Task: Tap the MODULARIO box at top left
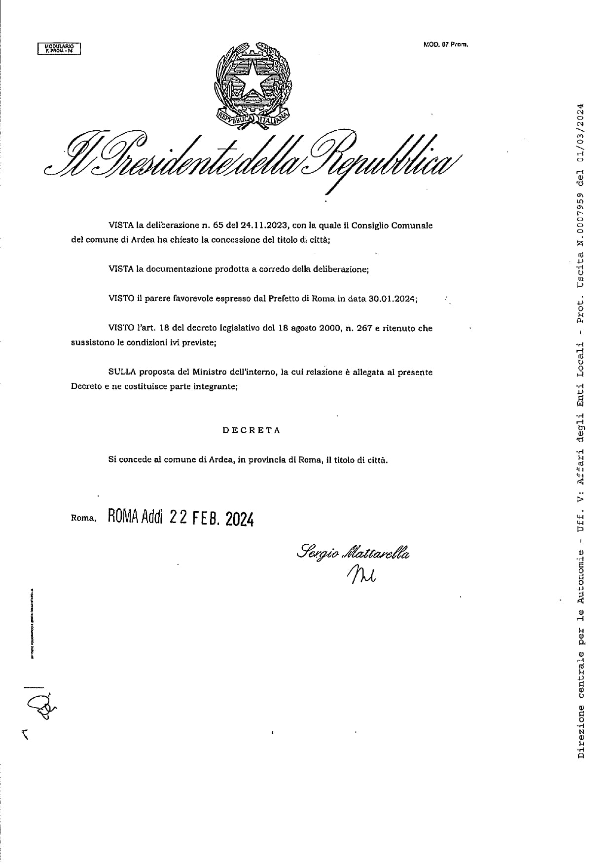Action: pos(59,48)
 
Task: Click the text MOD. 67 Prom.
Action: pos(445,44)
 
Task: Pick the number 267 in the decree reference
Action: pos(365,328)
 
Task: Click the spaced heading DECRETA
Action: pos(252,430)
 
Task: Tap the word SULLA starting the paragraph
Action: pos(122,372)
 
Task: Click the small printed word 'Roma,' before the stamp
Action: pos(83,519)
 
